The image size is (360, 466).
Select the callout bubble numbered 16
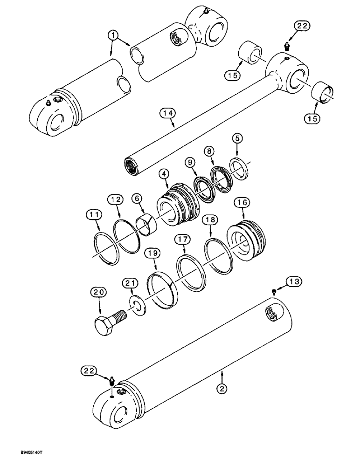coord(243,202)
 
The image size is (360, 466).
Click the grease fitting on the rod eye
coord(286,47)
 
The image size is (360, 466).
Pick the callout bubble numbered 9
coord(190,163)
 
